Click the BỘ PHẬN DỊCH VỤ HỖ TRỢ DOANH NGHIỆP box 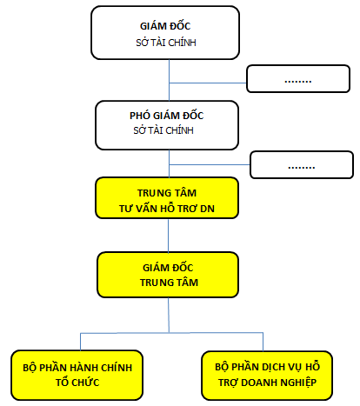click(x=264, y=375)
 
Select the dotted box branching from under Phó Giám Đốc click(x=302, y=164)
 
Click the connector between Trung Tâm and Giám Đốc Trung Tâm click(x=169, y=236)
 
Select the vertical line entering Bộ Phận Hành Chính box click(x=80, y=342)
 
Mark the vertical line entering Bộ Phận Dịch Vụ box click(x=264, y=342)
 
